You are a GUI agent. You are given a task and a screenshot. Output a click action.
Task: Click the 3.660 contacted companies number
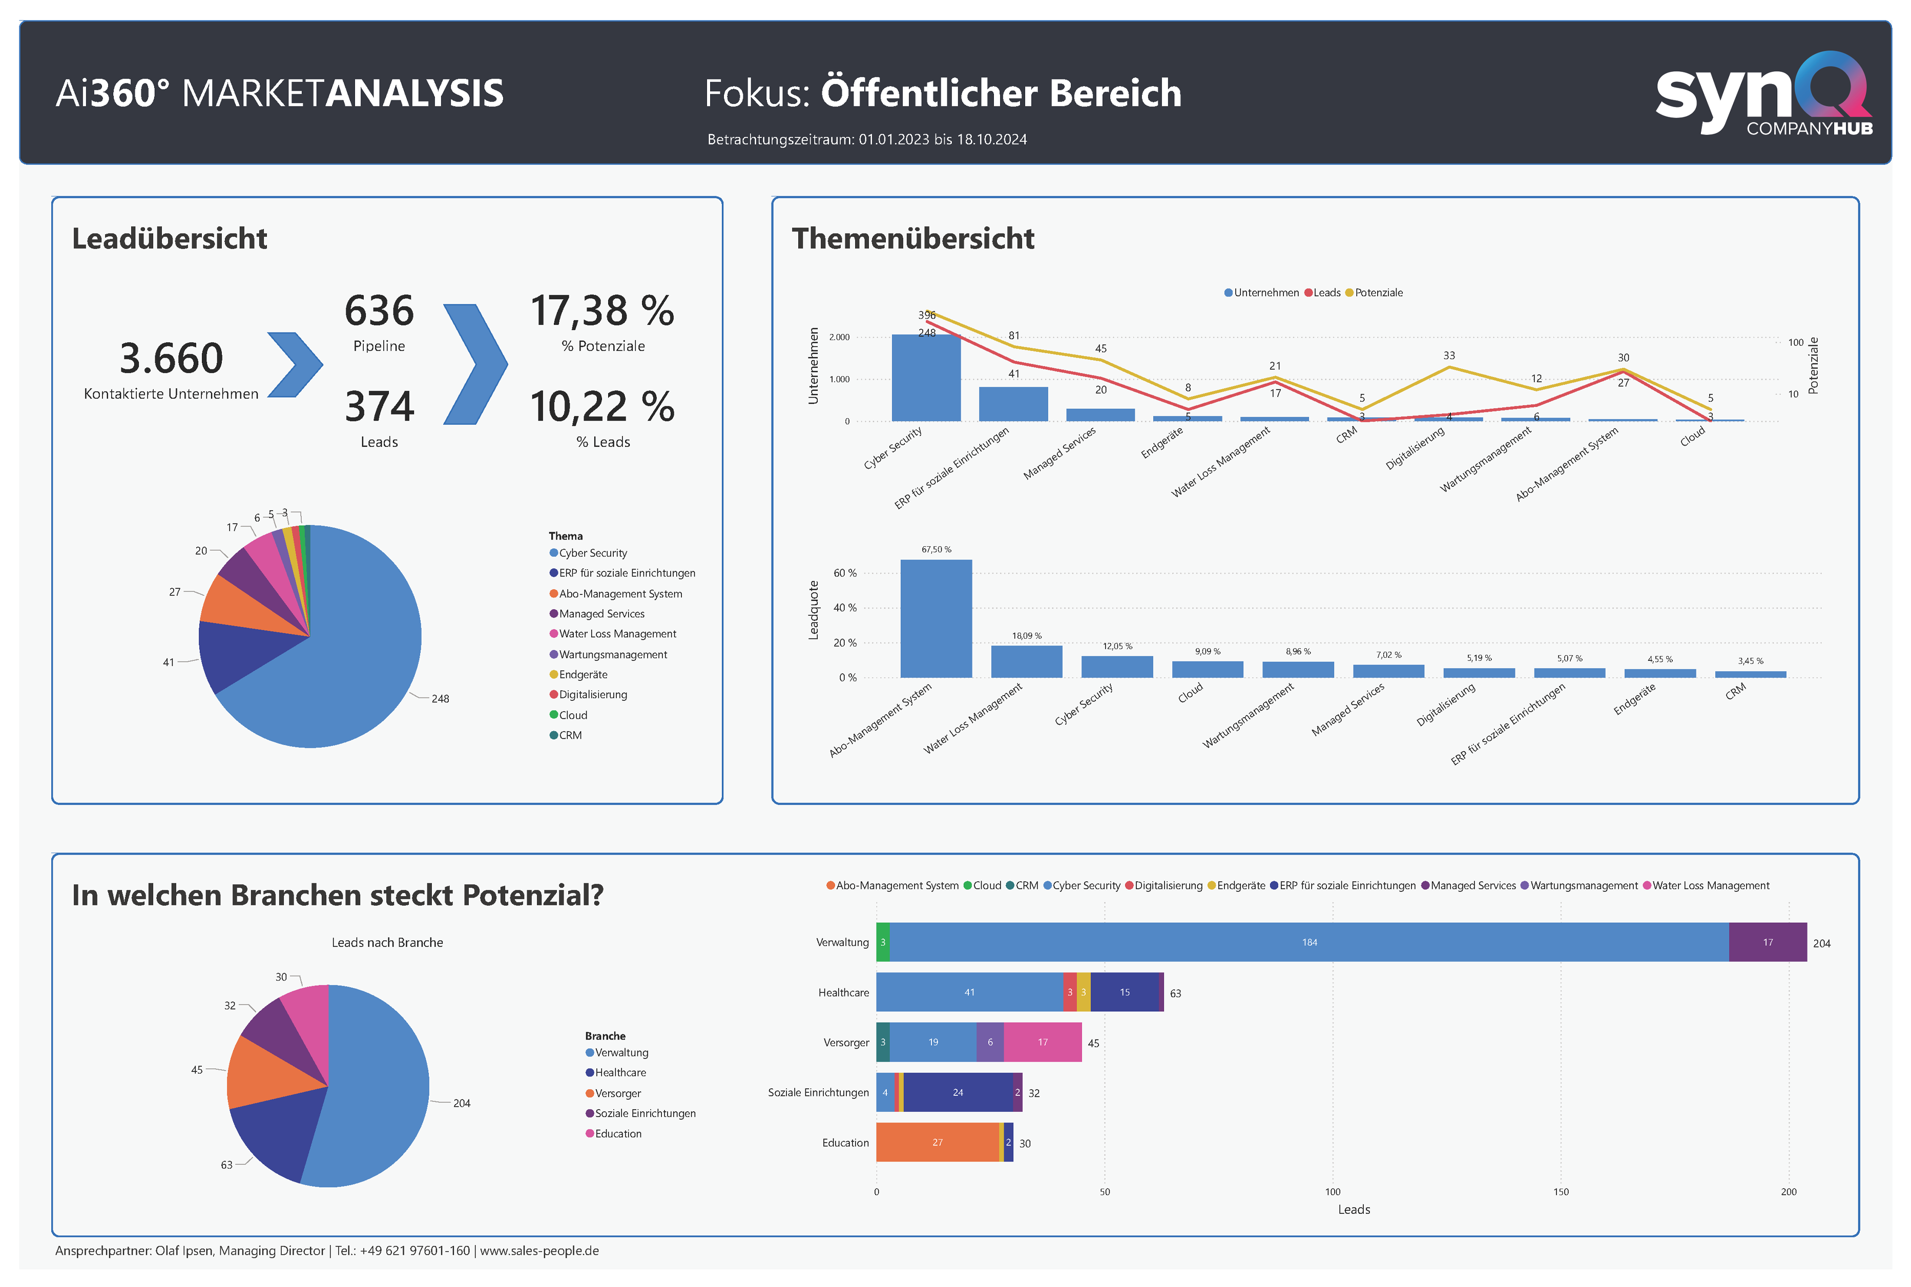pos(171,359)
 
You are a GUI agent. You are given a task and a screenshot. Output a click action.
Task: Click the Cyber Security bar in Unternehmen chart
pos(926,378)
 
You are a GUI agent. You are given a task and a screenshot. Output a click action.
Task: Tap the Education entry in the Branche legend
pos(618,1133)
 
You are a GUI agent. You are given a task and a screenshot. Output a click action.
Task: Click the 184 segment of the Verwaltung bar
pos(1308,942)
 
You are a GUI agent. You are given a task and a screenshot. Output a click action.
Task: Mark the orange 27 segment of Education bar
pos(937,1143)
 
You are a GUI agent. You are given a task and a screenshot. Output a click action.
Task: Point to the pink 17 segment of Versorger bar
pos(1042,1043)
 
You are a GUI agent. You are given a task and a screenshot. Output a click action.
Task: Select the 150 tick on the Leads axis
pos(1561,1192)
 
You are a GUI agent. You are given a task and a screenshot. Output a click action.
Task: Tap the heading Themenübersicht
pos(912,239)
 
